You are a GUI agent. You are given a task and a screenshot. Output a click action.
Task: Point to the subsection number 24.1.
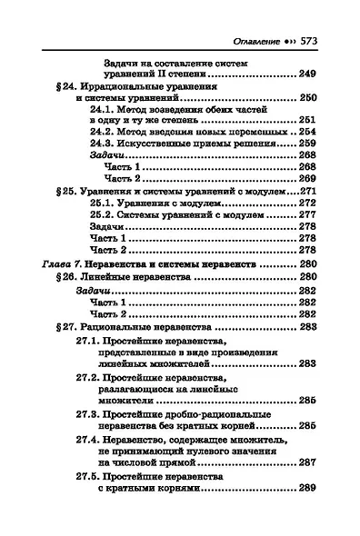click(x=104, y=120)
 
